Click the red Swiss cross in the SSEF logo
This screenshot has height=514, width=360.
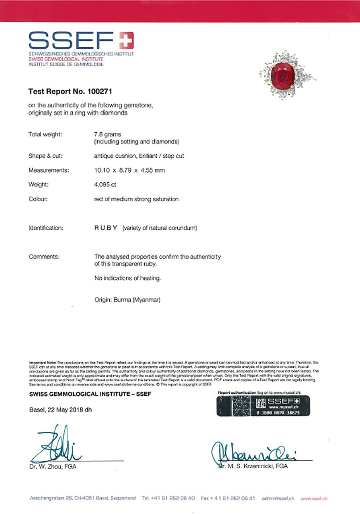click(126, 40)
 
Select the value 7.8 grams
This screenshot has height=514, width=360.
click(107, 134)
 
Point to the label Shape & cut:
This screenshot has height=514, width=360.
click(45, 156)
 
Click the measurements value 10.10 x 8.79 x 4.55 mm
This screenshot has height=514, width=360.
click(129, 170)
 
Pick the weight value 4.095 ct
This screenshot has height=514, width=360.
click(105, 185)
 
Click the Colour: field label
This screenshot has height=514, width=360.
click(38, 199)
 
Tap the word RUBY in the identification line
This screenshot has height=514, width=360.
click(106, 228)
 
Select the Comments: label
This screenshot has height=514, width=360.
click(44, 256)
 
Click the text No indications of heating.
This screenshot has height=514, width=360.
click(127, 278)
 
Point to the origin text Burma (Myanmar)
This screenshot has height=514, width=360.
click(137, 300)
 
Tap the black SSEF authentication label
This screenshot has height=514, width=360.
click(263, 406)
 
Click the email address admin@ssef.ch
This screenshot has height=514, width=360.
click(278, 498)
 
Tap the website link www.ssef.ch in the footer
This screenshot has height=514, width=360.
click(314, 498)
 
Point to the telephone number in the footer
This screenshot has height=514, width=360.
click(168, 498)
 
